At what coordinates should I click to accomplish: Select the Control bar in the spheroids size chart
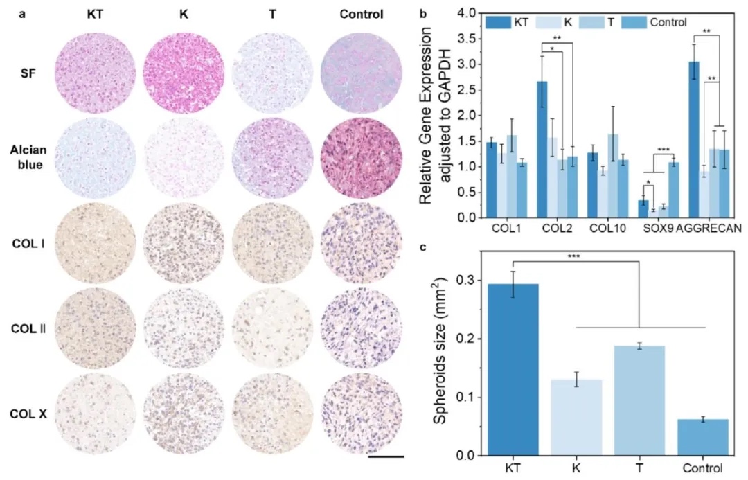(x=694, y=437)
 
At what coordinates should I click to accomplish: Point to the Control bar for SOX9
(x=674, y=190)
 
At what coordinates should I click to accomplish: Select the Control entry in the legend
(x=668, y=23)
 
